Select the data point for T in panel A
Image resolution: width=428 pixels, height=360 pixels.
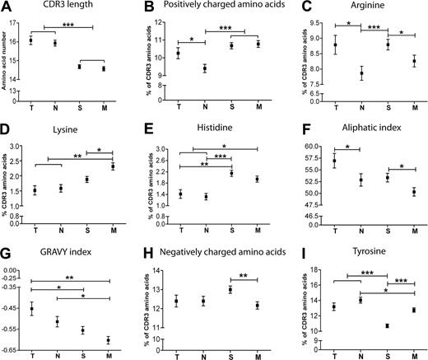pos(30,40)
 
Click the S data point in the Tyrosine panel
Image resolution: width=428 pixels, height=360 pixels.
pos(386,325)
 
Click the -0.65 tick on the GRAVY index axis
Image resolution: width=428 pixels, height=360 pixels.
pos(10,350)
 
